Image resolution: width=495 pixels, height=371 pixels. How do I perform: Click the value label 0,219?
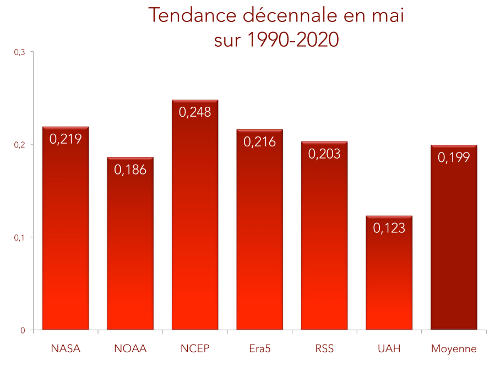[66, 139]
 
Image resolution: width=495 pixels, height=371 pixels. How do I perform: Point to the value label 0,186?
[130, 170]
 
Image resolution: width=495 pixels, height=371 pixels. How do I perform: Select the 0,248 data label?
[195, 112]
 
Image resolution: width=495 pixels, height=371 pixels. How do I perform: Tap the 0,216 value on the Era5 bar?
[259, 142]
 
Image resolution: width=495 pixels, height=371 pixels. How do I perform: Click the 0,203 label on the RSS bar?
[324, 154]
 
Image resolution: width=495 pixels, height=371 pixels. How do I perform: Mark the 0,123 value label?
[389, 228]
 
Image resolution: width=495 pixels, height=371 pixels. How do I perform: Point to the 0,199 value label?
[454, 157]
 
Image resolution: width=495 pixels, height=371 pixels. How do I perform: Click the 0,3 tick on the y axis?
[20, 52]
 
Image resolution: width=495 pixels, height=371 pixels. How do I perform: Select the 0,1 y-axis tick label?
[20, 237]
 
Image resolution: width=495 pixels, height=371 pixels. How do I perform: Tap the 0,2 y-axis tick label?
[20, 145]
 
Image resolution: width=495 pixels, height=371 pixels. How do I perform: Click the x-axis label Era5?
[259, 348]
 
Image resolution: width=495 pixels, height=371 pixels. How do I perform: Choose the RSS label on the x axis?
[324, 348]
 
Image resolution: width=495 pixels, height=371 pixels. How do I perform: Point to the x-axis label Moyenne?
[454, 348]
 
